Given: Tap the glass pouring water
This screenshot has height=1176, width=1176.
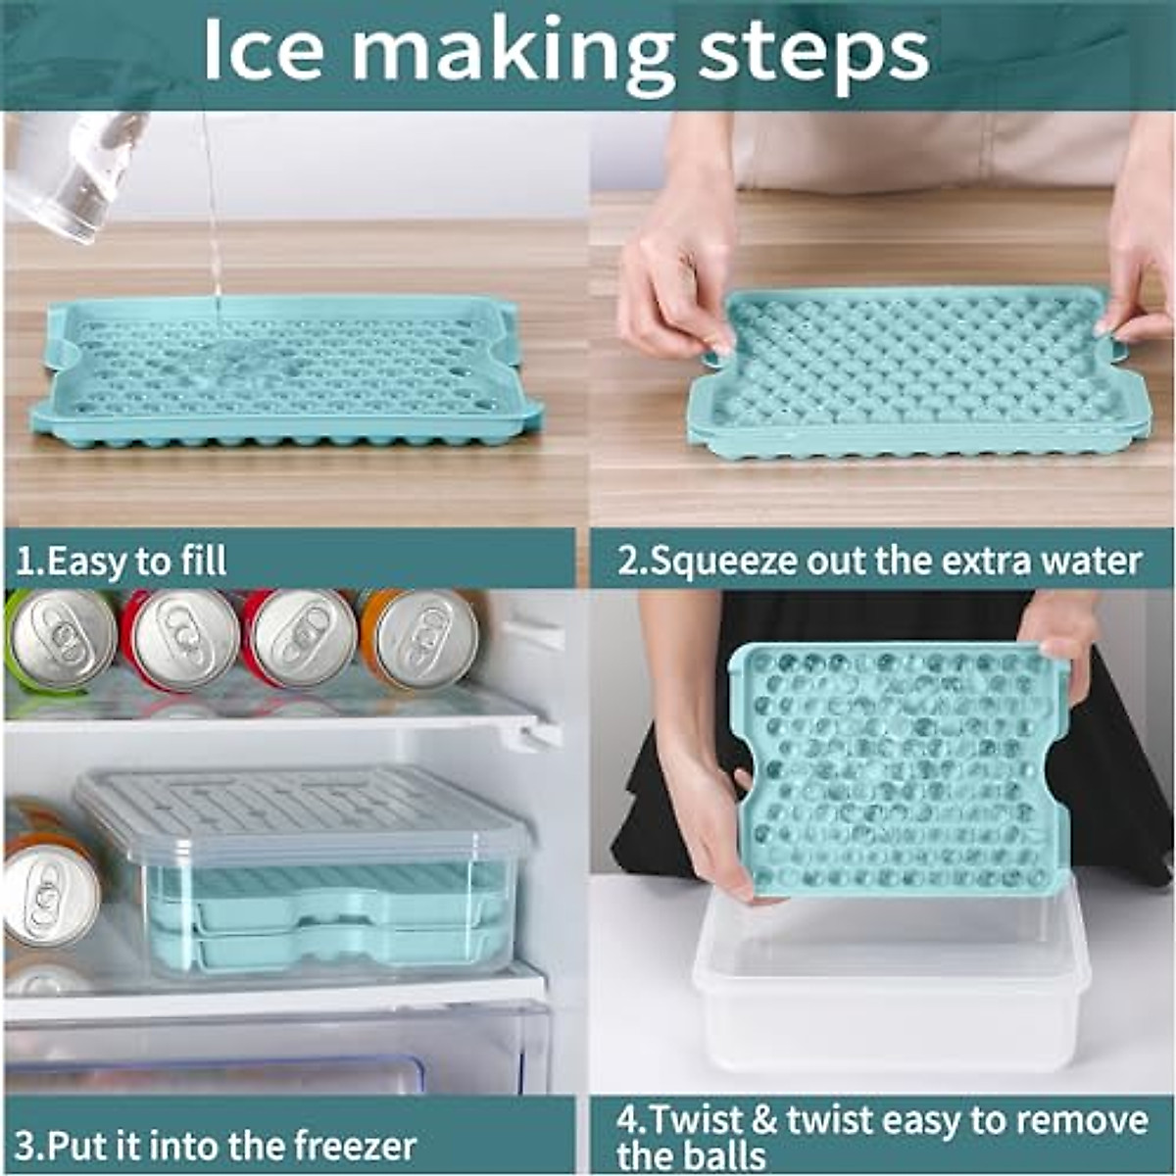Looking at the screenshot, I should click(73, 171).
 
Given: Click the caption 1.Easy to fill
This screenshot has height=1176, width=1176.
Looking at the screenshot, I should click(122, 562).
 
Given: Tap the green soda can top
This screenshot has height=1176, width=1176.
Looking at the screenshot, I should click(61, 640).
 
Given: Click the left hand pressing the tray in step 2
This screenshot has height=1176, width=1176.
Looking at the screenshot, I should click(676, 284).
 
